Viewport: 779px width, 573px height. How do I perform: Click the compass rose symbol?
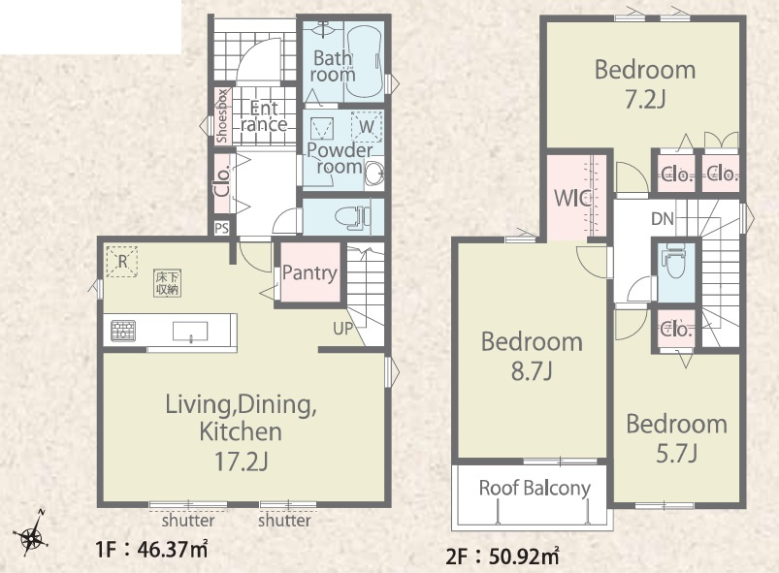click(31, 536)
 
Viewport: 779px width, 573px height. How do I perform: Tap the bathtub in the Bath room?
click(364, 61)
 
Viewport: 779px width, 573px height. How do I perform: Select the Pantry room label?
click(309, 272)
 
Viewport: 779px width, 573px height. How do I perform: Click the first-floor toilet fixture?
click(353, 217)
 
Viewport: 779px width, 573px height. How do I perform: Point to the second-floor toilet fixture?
click(674, 261)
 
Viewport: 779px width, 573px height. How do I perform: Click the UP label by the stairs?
click(343, 329)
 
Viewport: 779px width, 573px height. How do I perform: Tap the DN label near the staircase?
click(663, 218)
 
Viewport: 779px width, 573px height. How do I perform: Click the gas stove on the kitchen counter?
click(122, 331)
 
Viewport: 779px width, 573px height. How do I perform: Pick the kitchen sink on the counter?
click(190, 332)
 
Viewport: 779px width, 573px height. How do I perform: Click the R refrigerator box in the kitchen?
click(121, 261)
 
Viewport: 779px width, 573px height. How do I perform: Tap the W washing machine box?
click(366, 127)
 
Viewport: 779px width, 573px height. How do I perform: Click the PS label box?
click(222, 228)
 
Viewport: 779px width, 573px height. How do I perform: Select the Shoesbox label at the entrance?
click(222, 116)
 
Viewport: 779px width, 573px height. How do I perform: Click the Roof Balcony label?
click(535, 488)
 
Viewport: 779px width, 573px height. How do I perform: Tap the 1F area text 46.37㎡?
click(151, 549)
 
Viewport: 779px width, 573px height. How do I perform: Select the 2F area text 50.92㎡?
click(503, 557)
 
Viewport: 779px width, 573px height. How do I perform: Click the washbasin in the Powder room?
click(374, 174)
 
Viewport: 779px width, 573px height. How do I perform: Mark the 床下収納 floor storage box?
click(167, 283)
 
